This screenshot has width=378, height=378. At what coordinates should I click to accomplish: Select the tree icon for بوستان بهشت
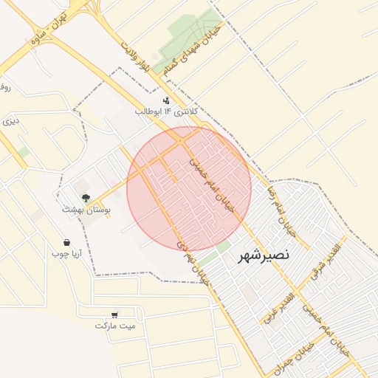(86, 198)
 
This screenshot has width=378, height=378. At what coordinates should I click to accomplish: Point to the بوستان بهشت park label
(86, 210)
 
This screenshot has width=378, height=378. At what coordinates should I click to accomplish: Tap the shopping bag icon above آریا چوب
(66, 242)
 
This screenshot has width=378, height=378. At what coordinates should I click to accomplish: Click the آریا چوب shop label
(66, 254)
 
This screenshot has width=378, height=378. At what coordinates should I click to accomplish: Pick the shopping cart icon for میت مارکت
(115, 315)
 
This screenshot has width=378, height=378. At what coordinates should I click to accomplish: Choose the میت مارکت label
(115, 326)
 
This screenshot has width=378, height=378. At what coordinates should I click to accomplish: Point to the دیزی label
(10, 120)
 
